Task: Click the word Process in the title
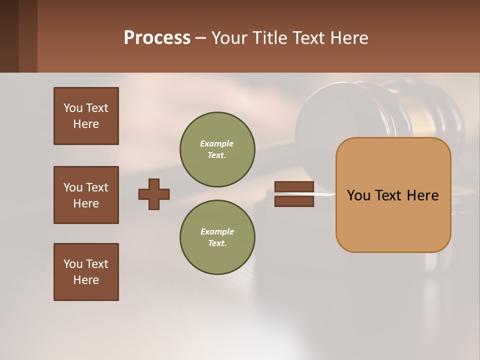pyautogui.click(x=157, y=38)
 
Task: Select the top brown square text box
pyautogui.click(x=86, y=116)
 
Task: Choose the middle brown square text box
pyautogui.click(x=86, y=195)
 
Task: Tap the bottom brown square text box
pyautogui.click(x=86, y=272)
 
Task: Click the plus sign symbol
pyautogui.click(x=154, y=194)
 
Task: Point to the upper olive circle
pyautogui.click(x=217, y=149)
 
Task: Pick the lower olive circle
pyautogui.click(x=217, y=237)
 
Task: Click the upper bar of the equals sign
pyautogui.click(x=294, y=187)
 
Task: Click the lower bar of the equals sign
pyautogui.click(x=294, y=201)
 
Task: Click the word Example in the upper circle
pyautogui.click(x=216, y=144)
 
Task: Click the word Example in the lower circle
pyautogui.click(x=217, y=232)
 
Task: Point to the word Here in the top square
pyautogui.click(x=86, y=124)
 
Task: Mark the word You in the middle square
pyautogui.click(x=73, y=187)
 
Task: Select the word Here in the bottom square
pyautogui.click(x=86, y=280)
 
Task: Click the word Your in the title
pyautogui.click(x=229, y=38)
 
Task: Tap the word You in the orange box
pyautogui.click(x=358, y=195)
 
